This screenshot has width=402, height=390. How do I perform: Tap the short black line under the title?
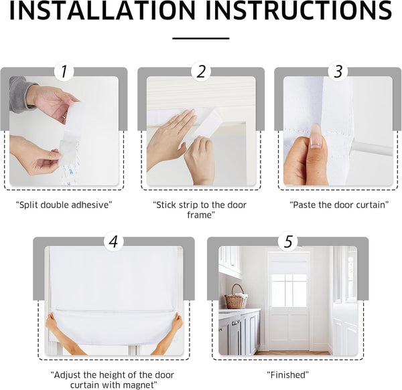[200, 38]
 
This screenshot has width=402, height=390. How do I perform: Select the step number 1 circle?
[64, 72]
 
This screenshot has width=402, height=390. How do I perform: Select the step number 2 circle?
[201, 72]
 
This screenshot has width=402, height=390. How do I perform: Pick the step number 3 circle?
[338, 72]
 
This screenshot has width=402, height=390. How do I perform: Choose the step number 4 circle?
[114, 241]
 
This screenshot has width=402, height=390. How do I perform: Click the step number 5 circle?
[288, 241]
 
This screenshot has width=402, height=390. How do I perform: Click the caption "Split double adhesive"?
[63, 205]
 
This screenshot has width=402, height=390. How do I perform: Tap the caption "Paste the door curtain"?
[338, 205]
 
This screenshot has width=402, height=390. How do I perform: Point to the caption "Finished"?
[288, 375]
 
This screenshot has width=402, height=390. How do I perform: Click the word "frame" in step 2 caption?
[201, 215]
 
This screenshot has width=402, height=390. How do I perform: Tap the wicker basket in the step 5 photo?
[235, 298]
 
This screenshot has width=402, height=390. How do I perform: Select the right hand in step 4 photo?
[176, 324]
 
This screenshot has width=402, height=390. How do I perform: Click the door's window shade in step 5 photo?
[288, 268]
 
